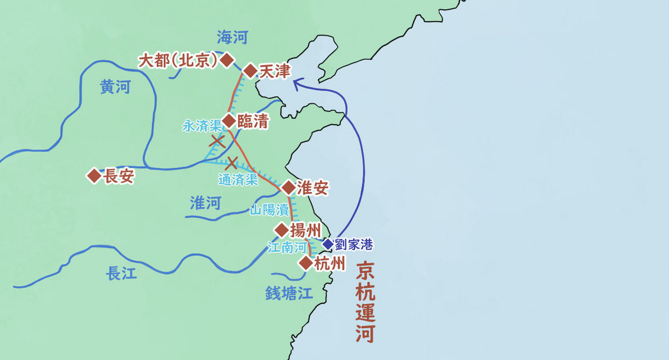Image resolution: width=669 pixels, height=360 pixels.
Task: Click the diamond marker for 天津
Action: pyautogui.click(x=250, y=71)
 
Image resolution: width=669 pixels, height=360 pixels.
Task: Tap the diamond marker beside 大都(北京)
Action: pyautogui.click(x=226, y=60)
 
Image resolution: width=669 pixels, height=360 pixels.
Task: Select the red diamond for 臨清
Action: pyautogui.click(x=229, y=121)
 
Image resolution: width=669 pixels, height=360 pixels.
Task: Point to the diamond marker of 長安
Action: pyautogui.click(x=94, y=177)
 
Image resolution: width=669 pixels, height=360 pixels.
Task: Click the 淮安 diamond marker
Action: pyautogui.click(x=288, y=188)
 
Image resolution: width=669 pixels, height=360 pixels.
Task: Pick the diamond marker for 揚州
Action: pyautogui.click(x=282, y=230)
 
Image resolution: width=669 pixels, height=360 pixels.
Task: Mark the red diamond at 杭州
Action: pyautogui.click(x=306, y=263)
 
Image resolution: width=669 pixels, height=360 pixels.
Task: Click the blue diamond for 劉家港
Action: pyautogui.click(x=327, y=244)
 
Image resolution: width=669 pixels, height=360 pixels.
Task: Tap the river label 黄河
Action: pyautogui.click(x=115, y=88)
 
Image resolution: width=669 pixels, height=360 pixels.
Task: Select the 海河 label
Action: pyautogui.click(x=232, y=38)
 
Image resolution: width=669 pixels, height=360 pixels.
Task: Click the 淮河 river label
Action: pyautogui.click(x=205, y=203)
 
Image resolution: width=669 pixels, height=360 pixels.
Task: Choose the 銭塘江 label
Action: pyautogui.click(x=289, y=293)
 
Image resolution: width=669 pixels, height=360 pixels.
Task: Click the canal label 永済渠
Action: pyautogui.click(x=201, y=127)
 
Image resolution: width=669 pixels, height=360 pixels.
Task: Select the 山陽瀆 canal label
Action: pyautogui.click(x=269, y=211)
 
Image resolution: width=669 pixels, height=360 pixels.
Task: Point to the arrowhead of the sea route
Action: pyautogui.click(x=296, y=84)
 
